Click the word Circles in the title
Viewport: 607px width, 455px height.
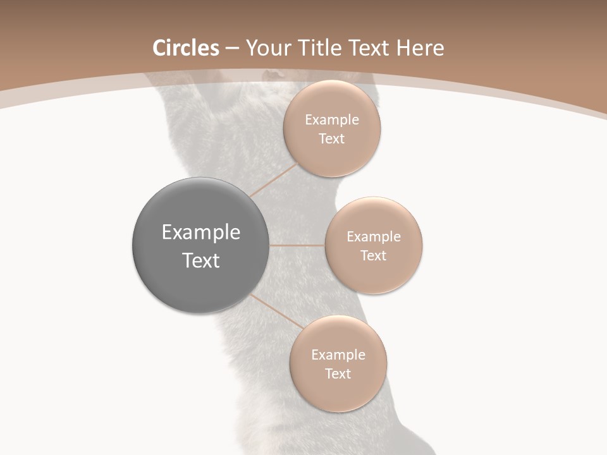click(x=186, y=48)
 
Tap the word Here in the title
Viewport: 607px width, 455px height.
click(x=420, y=48)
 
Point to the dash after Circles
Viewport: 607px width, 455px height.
click(x=232, y=49)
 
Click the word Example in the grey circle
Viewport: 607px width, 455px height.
click(x=201, y=233)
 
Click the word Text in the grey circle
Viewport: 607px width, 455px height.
click(x=201, y=260)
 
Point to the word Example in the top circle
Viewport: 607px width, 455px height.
click(x=332, y=120)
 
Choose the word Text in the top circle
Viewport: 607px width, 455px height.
click(x=332, y=139)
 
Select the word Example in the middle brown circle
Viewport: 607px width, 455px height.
click(x=374, y=237)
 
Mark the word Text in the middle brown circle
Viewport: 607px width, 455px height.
click(x=374, y=256)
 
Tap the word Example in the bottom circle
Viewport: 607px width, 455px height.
click(x=338, y=355)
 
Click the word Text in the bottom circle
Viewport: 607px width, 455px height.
click(x=338, y=374)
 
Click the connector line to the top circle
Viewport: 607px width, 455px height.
click(x=274, y=181)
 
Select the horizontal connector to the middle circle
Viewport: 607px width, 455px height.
click(x=297, y=245)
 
